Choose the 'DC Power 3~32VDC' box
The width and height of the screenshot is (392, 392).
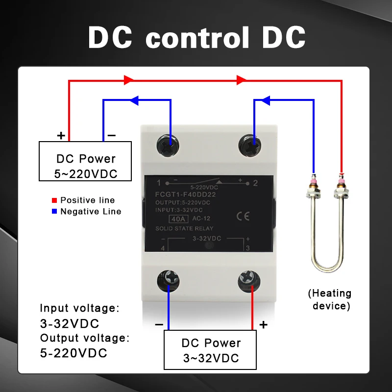point(211,350)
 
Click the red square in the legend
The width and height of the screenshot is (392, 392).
point(55,200)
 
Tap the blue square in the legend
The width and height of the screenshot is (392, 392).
point(55,212)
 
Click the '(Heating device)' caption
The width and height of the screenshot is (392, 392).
point(329,299)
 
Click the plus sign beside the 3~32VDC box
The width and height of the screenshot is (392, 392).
point(263,324)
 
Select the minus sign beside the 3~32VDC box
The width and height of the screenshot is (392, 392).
point(159,324)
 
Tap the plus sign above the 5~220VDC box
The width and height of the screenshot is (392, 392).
point(61,135)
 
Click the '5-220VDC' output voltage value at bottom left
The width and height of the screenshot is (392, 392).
point(73,353)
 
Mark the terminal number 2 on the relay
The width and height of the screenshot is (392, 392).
point(255,183)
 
